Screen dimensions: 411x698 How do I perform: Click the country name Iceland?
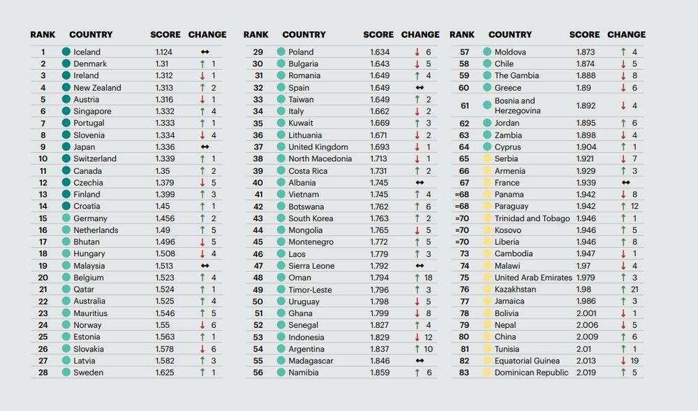click(x=87, y=52)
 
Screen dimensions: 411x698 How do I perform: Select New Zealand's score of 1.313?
click(x=165, y=88)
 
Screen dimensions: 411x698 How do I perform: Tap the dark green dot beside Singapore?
click(x=66, y=112)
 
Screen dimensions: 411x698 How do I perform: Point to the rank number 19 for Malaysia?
click(x=43, y=266)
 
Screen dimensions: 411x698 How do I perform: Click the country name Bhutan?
click(x=87, y=242)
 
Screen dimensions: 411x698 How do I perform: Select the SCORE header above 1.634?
click(x=378, y=34)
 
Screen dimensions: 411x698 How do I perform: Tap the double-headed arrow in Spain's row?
click(x=419, y=88)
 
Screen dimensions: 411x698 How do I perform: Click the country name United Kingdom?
click(x=318, y=147)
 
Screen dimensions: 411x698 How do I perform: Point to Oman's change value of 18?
click(x=427, y=278)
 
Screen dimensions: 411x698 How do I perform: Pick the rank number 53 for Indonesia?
click(x=258, y=337)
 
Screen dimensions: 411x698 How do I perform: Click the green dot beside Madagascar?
click(x=281, y=361)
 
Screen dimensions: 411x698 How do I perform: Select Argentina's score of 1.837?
click(x=380, y=349)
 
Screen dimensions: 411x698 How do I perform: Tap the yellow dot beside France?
click(x=487, y=183)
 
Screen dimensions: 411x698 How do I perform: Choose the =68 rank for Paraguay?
click(x=462, y=207)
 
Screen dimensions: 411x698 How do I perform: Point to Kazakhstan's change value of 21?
click(x=633, y=290)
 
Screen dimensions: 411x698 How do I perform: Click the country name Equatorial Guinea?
click(x=527, y=361)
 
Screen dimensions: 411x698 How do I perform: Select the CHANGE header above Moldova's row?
click(x=626, y=34)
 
